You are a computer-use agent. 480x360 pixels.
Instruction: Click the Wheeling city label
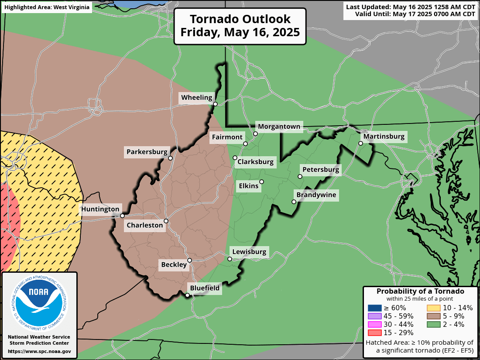(197, 98)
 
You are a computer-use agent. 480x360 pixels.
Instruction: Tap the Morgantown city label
(279, 127)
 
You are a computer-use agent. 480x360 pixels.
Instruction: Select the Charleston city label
(144, 225)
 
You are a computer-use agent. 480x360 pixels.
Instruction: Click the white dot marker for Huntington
(123, 216)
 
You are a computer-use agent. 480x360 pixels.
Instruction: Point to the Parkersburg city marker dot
(171, 158)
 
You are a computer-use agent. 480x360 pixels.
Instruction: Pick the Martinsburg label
(384, 137)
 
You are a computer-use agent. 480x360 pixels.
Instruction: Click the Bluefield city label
(205, 288)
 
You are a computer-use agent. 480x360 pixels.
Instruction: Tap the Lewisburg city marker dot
(230, 259)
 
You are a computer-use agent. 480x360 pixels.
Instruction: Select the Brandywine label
(316, 195)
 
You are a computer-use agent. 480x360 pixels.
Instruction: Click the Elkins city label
(249, 186)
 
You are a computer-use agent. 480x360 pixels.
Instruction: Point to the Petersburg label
(321, 169)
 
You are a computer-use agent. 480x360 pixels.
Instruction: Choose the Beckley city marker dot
(190, 261)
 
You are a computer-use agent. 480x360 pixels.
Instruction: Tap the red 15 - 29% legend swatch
(374, 333)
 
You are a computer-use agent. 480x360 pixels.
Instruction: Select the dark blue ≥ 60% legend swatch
(374, 308)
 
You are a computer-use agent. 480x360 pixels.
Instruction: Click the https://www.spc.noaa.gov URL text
(39, 351)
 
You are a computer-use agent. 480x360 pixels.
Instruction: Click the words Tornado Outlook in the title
(240, 19)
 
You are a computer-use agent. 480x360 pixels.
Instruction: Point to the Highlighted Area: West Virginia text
(47, 7)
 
